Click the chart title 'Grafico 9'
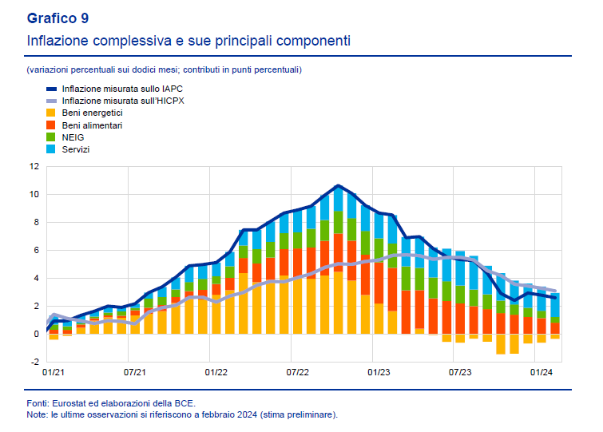pos(58,18)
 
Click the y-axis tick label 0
pos(35,334)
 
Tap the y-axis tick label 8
pos(35,222)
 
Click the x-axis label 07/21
pos(135,372)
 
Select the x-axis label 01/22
pos(216,372)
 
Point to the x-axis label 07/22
pos(297,372)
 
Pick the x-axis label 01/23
pos(379,372)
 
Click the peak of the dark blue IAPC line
pos(338,185)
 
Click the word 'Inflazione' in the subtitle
pos(58,40)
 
